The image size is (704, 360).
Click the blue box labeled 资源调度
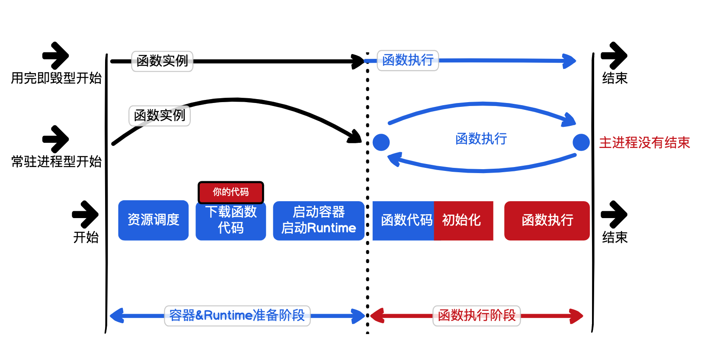pos(153,220)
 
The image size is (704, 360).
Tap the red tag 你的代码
pos(230,192)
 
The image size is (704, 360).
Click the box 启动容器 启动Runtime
pos(319,220)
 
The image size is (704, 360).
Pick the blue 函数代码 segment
pos(403,220)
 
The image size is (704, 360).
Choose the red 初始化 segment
pos(463,220)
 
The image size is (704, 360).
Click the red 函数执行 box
pos(547,220)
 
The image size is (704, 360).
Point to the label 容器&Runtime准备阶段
pos(237,315)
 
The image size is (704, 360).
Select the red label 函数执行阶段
pos(477,315)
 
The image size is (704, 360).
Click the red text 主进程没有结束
pos(644,143)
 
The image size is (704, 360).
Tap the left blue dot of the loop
pos(381,142)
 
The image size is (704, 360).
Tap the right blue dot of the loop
pos(581,142)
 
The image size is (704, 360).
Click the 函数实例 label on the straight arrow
pos(162,61)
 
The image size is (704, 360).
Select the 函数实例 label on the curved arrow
pos(160,116)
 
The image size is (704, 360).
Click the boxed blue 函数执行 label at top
pos(408,60)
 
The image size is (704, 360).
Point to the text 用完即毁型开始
pos(56,78)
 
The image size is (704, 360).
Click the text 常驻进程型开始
pos(56,162)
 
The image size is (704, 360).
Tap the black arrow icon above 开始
pos(86,214)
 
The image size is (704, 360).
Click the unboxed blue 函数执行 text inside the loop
pos(481,139)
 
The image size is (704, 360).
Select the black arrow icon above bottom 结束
pos(614,214)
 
